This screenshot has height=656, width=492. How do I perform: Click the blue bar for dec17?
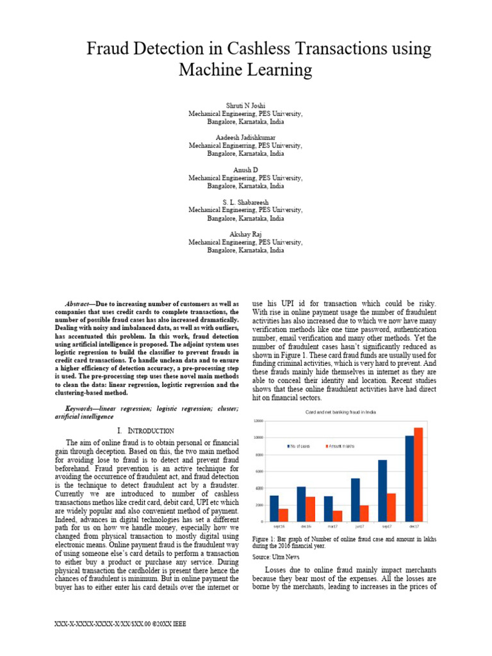pyautogui.click(x=409, y=478)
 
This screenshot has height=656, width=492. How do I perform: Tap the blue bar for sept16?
pyautogui.click(x=274, y=508)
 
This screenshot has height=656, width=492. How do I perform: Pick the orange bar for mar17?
pyautogui.click(x=338, y=516)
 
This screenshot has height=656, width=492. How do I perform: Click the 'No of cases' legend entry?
pyautogui.click(x=299, y=445)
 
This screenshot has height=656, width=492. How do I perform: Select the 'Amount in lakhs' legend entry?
pyautogui.click(x=341, y=445)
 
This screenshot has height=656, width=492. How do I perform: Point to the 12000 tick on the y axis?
pyautogui.click(x=258, y=421)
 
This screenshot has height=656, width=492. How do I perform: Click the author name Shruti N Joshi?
pyautogui.click(x=245, y=105)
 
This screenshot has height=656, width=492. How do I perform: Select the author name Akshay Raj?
pyautogui.click(x=245, y=235)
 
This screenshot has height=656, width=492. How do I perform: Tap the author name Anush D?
pyautogui.click(x=245, y=170)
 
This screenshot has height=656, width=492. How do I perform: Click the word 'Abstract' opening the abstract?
pyautogui.click(x=79, y=303)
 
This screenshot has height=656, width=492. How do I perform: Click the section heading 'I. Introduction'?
pyautogui.click(x=145, y=430)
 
